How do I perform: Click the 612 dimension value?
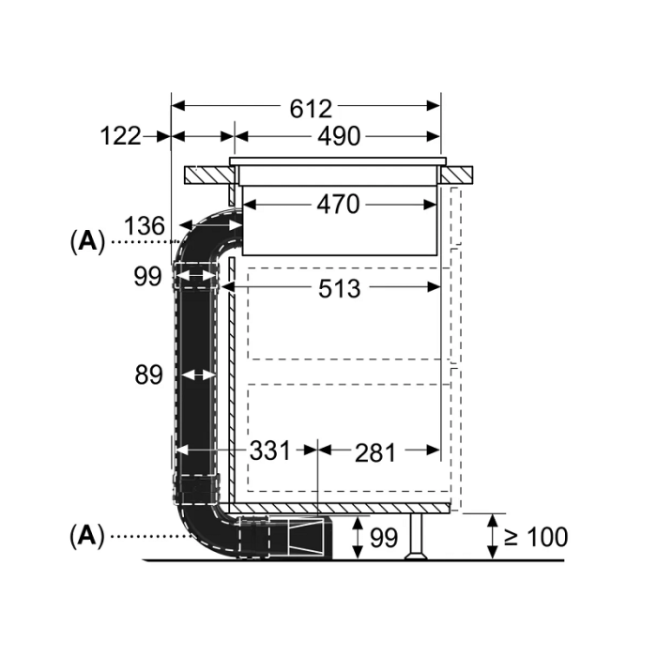pos(311,109)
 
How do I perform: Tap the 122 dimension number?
pos(121,136)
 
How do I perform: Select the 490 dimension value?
pos(339,136)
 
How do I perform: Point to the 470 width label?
pos(338,205)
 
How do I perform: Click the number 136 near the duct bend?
pos(145,226)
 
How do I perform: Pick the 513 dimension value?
pos(340,289)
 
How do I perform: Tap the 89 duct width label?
pos(148,374)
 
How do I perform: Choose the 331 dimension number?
pos(270,451)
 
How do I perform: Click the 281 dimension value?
pos(375,453)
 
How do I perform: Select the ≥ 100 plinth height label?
pos(536,537)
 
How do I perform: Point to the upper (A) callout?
pos(87,241)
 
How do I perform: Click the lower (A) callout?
pos(87,536)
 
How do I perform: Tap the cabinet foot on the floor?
pos(416,537)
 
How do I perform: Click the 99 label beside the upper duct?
pos(147,277)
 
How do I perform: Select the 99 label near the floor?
pos(384,538)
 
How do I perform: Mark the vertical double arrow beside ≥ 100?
pos(493,537)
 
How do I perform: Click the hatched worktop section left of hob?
pos(209,176)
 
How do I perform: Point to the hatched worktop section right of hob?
pos(457,176)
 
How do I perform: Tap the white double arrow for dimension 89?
pos(199,374)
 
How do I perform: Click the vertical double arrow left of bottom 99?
pos(358,538)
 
